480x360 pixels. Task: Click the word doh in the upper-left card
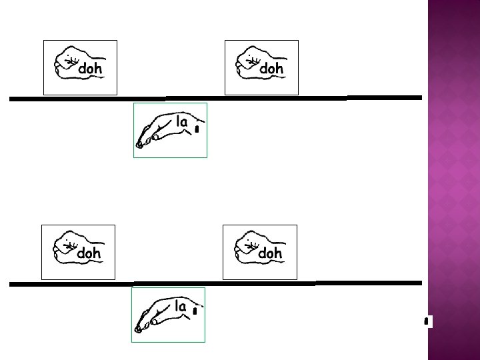(x=91, y=69)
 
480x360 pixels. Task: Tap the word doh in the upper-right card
(x=271, y=69)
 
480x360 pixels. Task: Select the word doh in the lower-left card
(x=89, y=253)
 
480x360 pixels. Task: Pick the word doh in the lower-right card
(x=269, y=253)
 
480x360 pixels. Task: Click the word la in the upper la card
(x=182, y=122)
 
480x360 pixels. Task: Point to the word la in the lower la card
(x=180, y=307)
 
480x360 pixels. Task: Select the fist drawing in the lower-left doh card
(x=65, y=247)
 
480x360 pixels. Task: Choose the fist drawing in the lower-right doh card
(x=246, y=247)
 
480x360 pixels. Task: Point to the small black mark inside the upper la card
(x=197, y=129)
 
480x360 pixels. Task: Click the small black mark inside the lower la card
(x=194, y=311)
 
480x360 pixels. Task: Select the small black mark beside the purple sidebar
(x=425, y=322)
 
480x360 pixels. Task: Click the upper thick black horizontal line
(x=213, y=99)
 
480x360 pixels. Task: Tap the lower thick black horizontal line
(x=213, y=283)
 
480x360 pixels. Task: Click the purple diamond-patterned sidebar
(x=453, y=180)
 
